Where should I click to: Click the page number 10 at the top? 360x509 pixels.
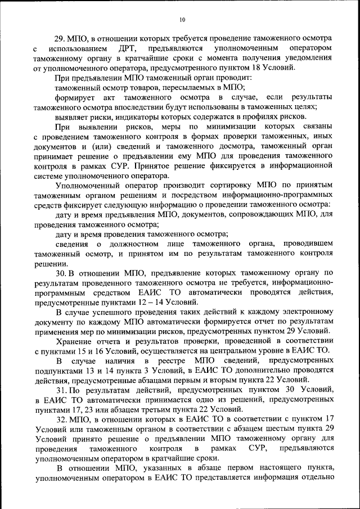pos(182,20)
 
